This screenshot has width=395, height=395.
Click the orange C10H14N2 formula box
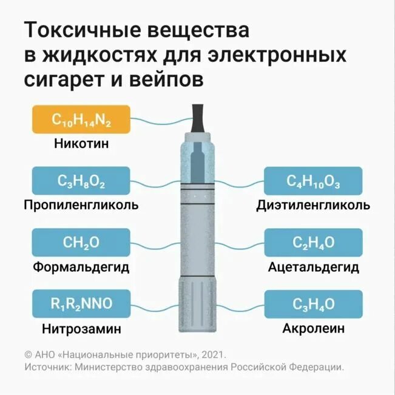click(81, 120)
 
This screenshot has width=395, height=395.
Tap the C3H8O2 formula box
click(81, 181)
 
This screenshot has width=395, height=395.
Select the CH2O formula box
click(81, 243)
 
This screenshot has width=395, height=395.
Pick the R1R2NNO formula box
click(81, 304)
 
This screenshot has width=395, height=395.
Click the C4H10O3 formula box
click(313, 181)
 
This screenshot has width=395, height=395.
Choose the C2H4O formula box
click(313, 243)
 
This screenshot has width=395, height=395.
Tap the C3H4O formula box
click(313, 304)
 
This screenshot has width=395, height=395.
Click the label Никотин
click(81, 145)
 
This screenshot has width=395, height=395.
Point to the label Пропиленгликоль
click(81, 205)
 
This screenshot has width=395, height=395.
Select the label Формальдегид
click(81, 267)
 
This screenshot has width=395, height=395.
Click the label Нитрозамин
click(81, 329)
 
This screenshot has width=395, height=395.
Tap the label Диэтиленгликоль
click(313, 205)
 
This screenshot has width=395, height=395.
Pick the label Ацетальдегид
click(313, 267)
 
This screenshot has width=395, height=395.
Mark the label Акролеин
click(313, 329)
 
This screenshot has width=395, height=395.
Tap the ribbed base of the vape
click(197, 306)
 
